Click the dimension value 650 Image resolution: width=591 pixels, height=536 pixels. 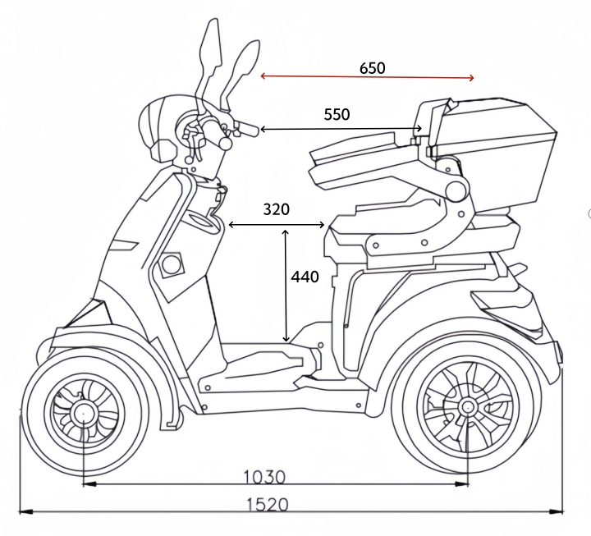point(372,68)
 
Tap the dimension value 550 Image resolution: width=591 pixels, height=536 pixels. point(337,115)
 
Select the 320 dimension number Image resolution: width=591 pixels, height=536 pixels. point(276,209)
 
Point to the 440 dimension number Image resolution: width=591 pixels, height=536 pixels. point(305,277)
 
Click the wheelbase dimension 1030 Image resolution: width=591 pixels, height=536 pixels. point(264,476)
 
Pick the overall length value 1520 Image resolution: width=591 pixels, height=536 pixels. point(268,504)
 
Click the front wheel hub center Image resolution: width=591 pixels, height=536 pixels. point(82,410)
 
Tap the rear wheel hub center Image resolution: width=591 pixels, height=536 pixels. point(467,405)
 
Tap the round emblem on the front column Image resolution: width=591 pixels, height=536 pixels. point(171,265)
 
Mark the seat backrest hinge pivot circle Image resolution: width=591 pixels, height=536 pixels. point(453,190)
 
